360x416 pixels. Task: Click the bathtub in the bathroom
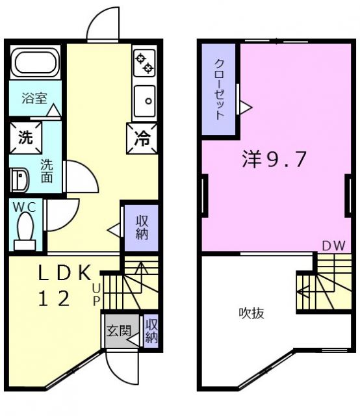pyautogui.click(x=36, y=62)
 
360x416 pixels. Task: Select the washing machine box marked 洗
pyautogui.click(x=25, y=137)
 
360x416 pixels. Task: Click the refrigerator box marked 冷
pyautogui.click(x=142, y=138)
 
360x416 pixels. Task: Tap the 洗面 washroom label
pyautogui.click(x=47, y=170)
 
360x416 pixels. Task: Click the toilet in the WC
pyautogui.click(x=25, y=231)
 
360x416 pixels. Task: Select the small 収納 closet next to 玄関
pyautogui.click(x=151, y=331)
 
